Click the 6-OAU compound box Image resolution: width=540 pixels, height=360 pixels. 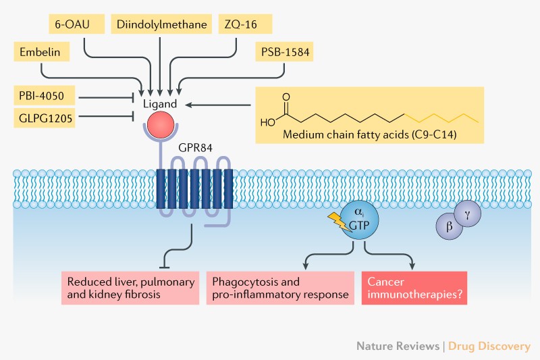click(72, 25)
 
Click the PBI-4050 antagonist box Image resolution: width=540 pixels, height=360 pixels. click(45, 95)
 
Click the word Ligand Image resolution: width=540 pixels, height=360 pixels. click(159, 104)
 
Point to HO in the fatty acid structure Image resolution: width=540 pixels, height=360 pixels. click(267, 123)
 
